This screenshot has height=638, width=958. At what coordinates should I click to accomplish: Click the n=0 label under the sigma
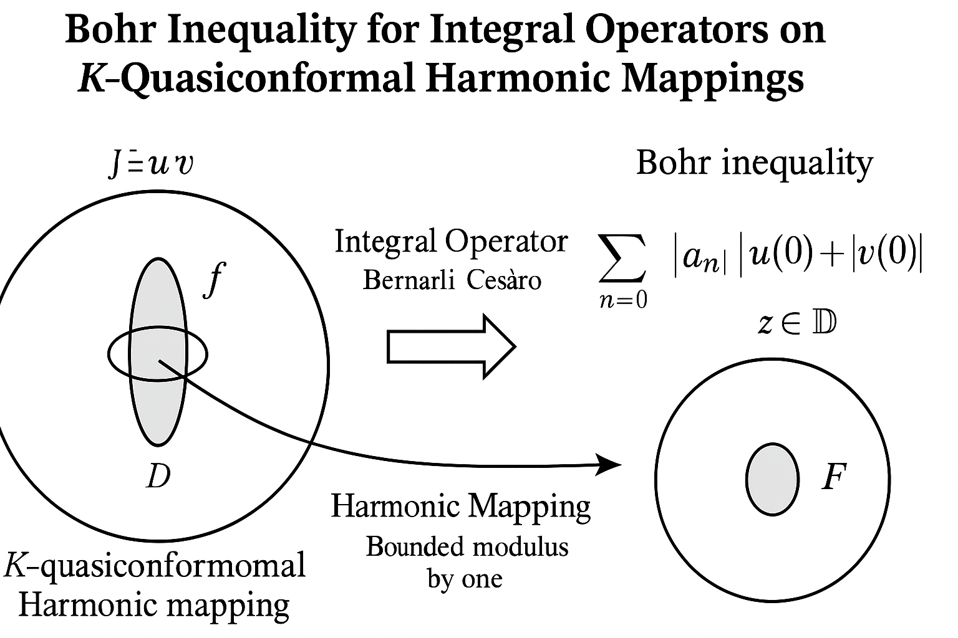pos(622,300)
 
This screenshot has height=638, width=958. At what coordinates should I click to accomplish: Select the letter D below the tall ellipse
pos(158,477)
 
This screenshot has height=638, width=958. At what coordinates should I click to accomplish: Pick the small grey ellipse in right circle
pos(772,479)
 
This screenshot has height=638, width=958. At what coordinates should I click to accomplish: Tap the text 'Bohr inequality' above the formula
pos(754,163)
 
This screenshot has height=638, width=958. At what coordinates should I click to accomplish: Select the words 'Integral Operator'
pos(451,242)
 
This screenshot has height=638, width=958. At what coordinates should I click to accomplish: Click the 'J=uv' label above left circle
pos(150,164)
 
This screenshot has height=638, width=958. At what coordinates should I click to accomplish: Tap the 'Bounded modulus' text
pos(467,547)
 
